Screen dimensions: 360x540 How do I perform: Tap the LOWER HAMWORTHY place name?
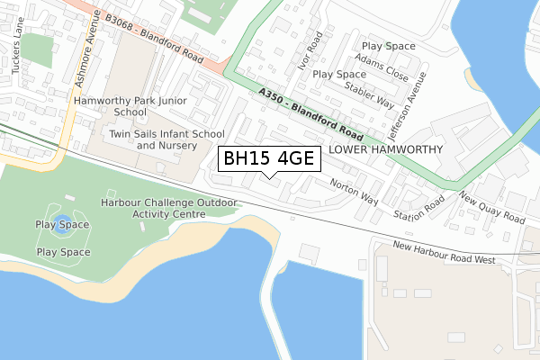tap(386, 149)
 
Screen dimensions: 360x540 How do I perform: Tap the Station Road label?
tap(419, 208)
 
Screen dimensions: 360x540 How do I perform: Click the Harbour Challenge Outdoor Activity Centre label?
tap(169, 209)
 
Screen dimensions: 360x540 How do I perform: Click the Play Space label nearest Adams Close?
tap(388, 46)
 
